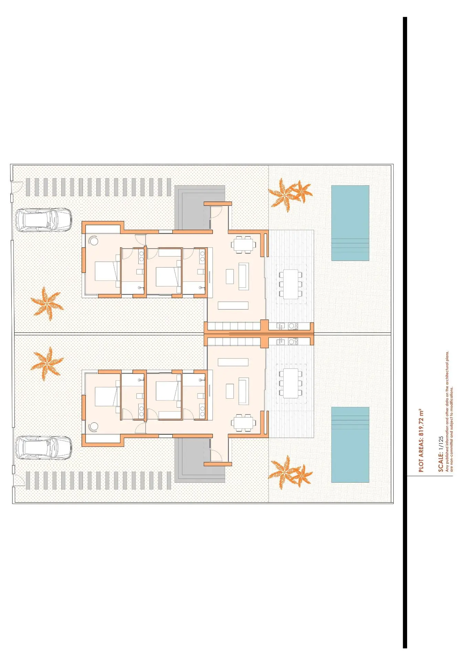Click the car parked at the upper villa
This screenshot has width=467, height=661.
44,220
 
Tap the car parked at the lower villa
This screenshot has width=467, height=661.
44,448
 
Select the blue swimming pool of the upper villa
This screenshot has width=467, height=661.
350,223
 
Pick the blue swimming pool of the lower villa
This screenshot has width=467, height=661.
350,445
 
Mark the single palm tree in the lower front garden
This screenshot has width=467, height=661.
47,364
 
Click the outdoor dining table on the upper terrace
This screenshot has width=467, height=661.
291,284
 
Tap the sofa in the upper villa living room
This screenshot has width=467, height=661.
244,276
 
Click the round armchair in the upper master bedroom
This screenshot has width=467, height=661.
93,240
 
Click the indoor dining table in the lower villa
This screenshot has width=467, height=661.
244,422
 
